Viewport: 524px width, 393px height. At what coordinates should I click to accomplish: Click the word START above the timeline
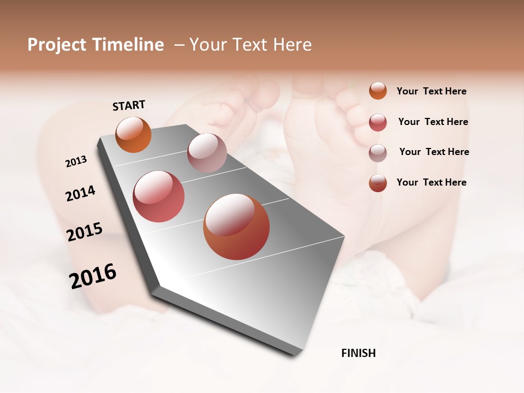tap(129, 105)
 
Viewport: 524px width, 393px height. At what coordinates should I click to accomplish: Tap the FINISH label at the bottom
tap(358, 353)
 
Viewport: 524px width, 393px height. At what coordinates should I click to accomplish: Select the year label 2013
tap(76, 162)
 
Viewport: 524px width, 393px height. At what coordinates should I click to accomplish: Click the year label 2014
tap(80, 193)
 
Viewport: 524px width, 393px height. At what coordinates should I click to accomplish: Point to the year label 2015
tap(85, 232)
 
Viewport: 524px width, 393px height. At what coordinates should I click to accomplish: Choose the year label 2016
tap(93, 276)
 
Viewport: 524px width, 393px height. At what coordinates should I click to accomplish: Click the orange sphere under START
tap(134, 135)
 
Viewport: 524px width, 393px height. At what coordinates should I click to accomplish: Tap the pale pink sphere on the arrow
tap(207, 153)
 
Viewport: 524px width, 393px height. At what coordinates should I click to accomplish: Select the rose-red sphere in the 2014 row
tap(159, 196)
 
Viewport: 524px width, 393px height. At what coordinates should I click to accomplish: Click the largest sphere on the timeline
tap(236, 227)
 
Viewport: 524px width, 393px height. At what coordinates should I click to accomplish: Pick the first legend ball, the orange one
tap(378, 91)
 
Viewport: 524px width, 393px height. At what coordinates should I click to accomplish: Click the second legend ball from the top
tap(378, 122)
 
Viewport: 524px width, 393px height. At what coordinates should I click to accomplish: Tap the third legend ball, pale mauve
tap(378, 152)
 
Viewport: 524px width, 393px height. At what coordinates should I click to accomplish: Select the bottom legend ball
tap(378, 183)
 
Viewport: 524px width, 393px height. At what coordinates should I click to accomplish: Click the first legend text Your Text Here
tap(431, 91)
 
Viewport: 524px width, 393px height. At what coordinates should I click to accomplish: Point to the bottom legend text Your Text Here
tap(431, 182)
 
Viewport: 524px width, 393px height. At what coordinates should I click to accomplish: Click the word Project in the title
tap(56, 45)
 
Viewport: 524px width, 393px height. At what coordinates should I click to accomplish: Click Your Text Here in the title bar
tap(251, 45)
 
